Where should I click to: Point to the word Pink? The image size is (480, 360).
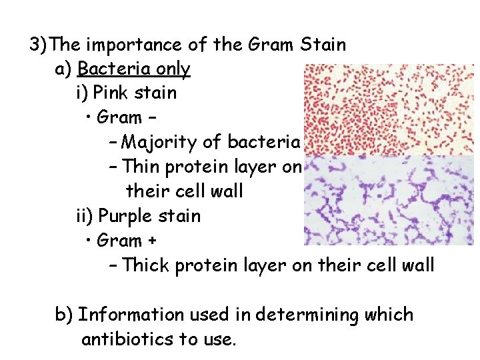coord(111,93)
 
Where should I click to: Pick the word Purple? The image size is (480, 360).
coord(128,216)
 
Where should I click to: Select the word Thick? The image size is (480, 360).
coord(146,265)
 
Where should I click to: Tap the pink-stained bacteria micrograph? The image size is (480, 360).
coord(389,110)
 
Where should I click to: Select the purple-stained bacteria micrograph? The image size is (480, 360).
coord(389,201)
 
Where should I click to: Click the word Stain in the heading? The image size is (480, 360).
coord(323,45)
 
